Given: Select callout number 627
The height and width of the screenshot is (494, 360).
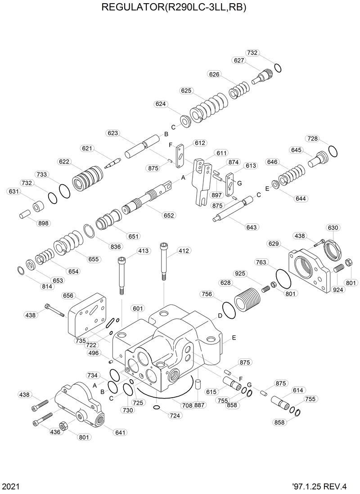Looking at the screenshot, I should pos(238,60).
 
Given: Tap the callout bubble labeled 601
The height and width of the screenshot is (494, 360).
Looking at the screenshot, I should pos(138,308).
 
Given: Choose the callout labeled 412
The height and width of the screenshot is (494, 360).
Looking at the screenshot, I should pos(184,250).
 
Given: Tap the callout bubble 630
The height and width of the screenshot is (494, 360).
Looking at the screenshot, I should pos(333,228).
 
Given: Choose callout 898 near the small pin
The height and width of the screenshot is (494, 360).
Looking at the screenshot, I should pos(44,223).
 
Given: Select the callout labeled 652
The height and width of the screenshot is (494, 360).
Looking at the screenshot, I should pos(169,216).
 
